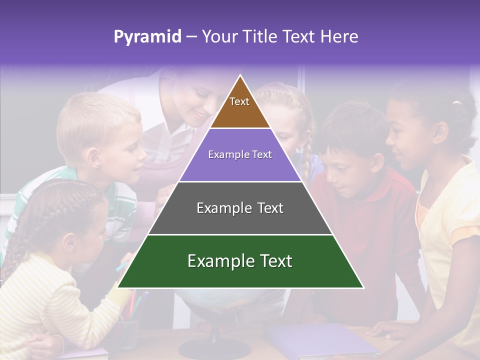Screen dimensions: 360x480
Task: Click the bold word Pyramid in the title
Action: coord(147,36)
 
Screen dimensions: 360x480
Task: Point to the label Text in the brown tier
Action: coord(239,101)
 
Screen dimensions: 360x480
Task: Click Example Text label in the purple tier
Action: coord(240,154)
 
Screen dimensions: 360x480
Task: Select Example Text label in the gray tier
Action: coord(240,208)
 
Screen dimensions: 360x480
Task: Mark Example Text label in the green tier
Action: coord(240,261)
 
